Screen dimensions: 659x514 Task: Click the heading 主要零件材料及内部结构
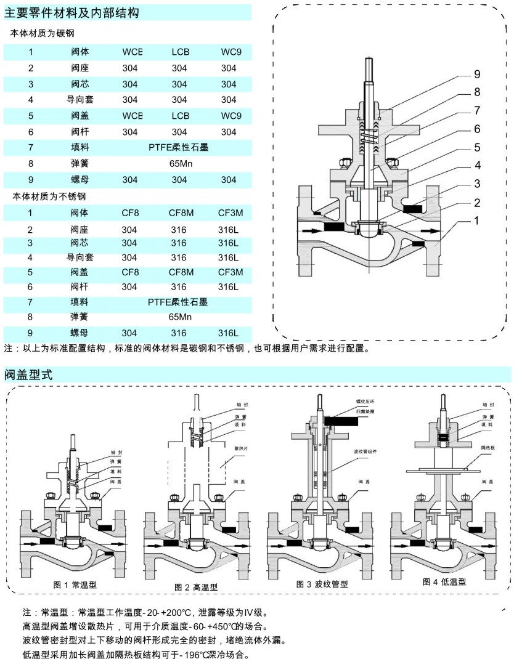point(71,12)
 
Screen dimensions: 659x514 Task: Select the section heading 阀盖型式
point(29,374)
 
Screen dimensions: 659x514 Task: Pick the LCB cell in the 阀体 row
point(179,52)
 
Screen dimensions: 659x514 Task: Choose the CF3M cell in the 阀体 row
point(230,213)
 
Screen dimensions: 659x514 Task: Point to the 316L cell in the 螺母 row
point(227,333)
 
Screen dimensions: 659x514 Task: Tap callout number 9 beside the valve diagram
point(476,75)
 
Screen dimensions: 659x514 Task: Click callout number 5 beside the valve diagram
point(476,147)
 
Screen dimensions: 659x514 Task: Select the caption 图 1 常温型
point(75,584)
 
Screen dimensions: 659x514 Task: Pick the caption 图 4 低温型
point(444,582)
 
